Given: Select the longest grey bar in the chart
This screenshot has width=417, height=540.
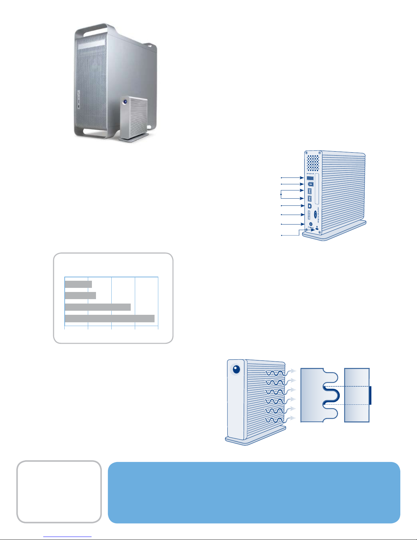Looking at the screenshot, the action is coord(110,319).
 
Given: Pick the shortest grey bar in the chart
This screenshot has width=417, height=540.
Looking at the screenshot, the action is coord(78,284).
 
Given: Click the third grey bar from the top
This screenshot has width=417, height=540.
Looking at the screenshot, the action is coord(98,307).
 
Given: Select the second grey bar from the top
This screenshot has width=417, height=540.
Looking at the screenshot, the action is coord(80,295).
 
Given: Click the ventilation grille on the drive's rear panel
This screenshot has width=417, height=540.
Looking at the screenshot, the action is coord(314,163).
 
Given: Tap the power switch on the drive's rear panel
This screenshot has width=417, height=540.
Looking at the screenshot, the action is coord(310,178).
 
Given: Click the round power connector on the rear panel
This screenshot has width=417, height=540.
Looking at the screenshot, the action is coord(310,224).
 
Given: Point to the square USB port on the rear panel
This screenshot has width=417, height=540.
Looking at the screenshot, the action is coord(310,206).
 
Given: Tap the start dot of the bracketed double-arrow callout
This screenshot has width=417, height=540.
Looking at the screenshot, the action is coord(281,194).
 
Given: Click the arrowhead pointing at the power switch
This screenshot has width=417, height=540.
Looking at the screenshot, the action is coord(302,178).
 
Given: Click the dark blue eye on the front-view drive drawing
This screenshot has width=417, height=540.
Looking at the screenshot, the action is coord(236,369).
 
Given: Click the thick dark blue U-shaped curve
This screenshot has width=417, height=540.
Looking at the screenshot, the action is coord(332,395).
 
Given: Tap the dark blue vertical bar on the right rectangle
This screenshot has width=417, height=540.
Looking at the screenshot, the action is coord(370,395).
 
